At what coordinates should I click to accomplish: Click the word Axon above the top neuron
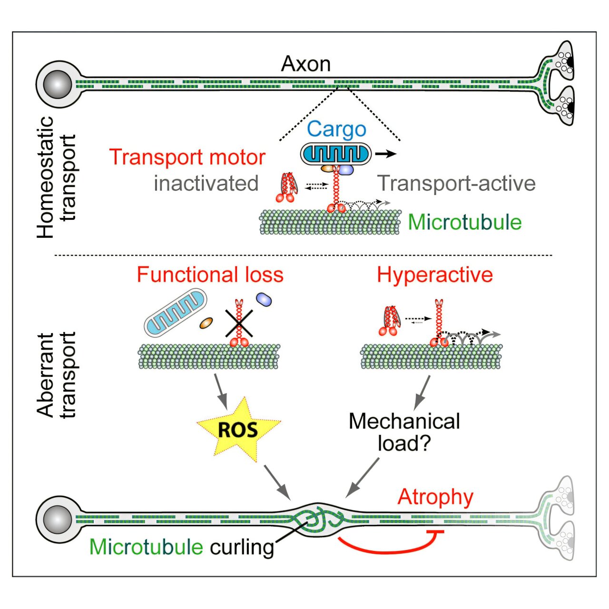tap(305, 64)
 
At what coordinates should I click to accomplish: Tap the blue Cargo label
tap(336, 129)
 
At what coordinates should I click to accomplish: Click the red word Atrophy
tap(435, 497)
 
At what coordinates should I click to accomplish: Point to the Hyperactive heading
tap(435, 275)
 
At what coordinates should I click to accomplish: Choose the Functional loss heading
tap(210, 275)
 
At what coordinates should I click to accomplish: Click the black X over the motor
tap(238, 324)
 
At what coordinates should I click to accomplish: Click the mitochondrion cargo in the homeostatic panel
tap(335, 154)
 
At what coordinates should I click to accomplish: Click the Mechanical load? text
tap(404, 432)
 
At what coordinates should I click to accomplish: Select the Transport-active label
tap(456, 183)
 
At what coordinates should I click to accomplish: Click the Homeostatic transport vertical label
tap(57, 177)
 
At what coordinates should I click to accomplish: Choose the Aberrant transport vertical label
tap(57, 375)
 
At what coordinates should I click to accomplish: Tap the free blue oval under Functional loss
tap(264, 299)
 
